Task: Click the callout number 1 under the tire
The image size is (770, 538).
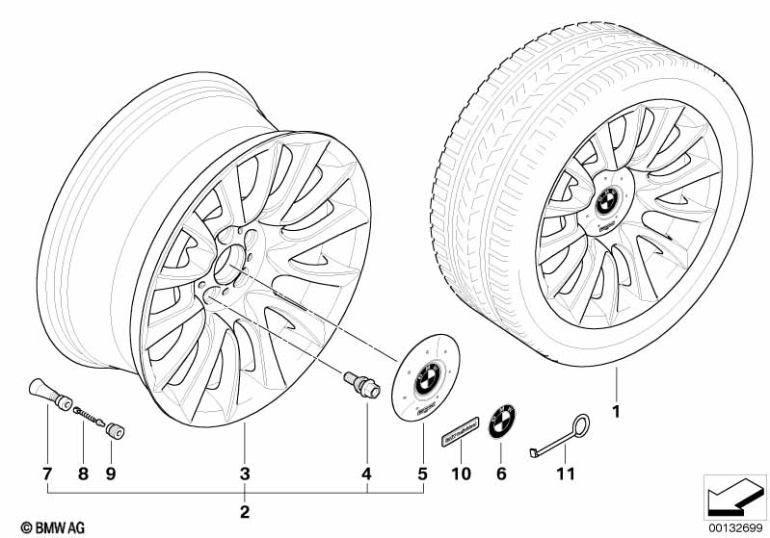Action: (615, 414)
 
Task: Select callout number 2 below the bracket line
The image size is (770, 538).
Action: (245, 510)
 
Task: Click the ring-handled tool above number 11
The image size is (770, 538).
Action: (554, 434)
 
